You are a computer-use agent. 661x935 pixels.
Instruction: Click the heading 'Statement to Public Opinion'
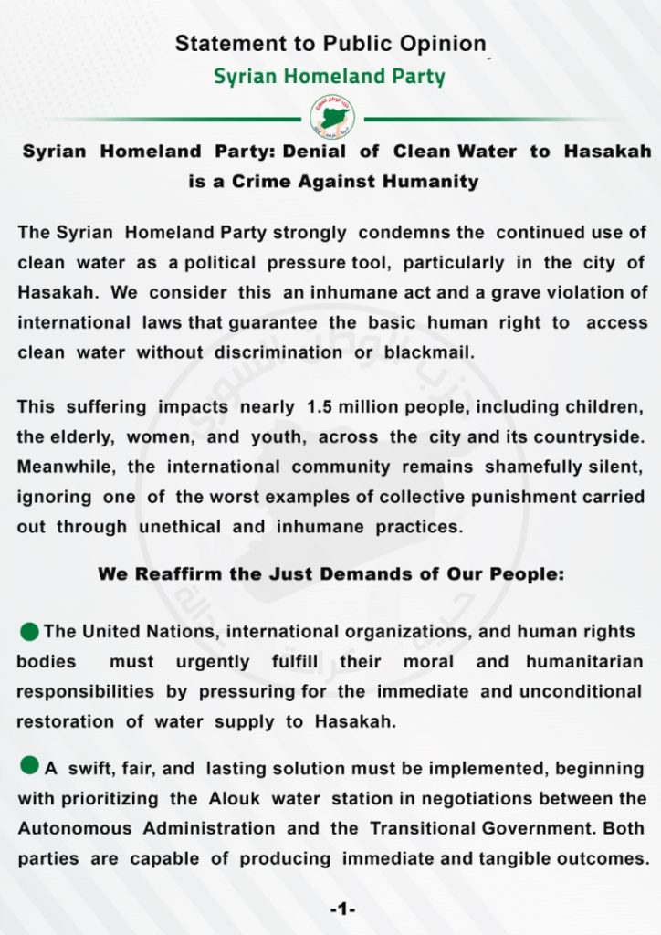pyautogui.click(x=330, y=43)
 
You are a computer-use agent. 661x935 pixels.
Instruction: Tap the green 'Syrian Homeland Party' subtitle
pyautogui.click(x=330, y=77)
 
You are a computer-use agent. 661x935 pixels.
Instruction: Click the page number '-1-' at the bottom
pyautogui.click(x=342, y=909)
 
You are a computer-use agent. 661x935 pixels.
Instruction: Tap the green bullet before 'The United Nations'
pyautogui.click(x=29, y=631)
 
